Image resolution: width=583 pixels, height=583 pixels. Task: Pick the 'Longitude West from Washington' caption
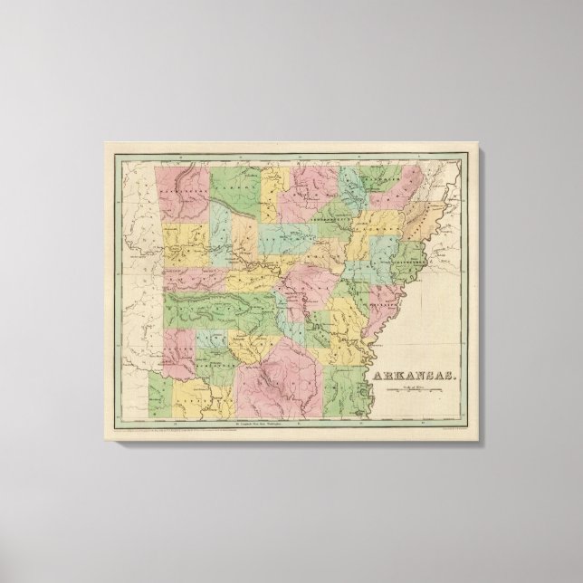point(258,422)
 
